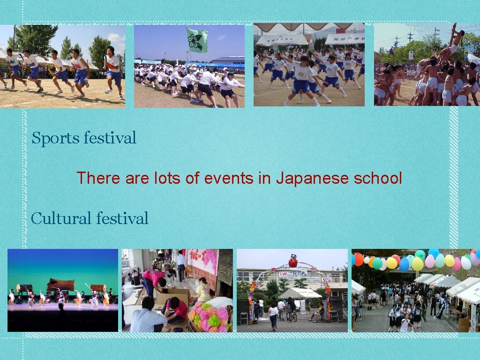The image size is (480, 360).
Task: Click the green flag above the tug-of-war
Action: (x=197, y=39)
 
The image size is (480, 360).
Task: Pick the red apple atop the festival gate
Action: (x=293, y=262)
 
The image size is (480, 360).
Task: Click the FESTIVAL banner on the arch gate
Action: (x=292, y=273)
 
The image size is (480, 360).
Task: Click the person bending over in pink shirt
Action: (x=155, y=280)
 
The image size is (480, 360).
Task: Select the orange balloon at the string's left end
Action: (x=359, y=259)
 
